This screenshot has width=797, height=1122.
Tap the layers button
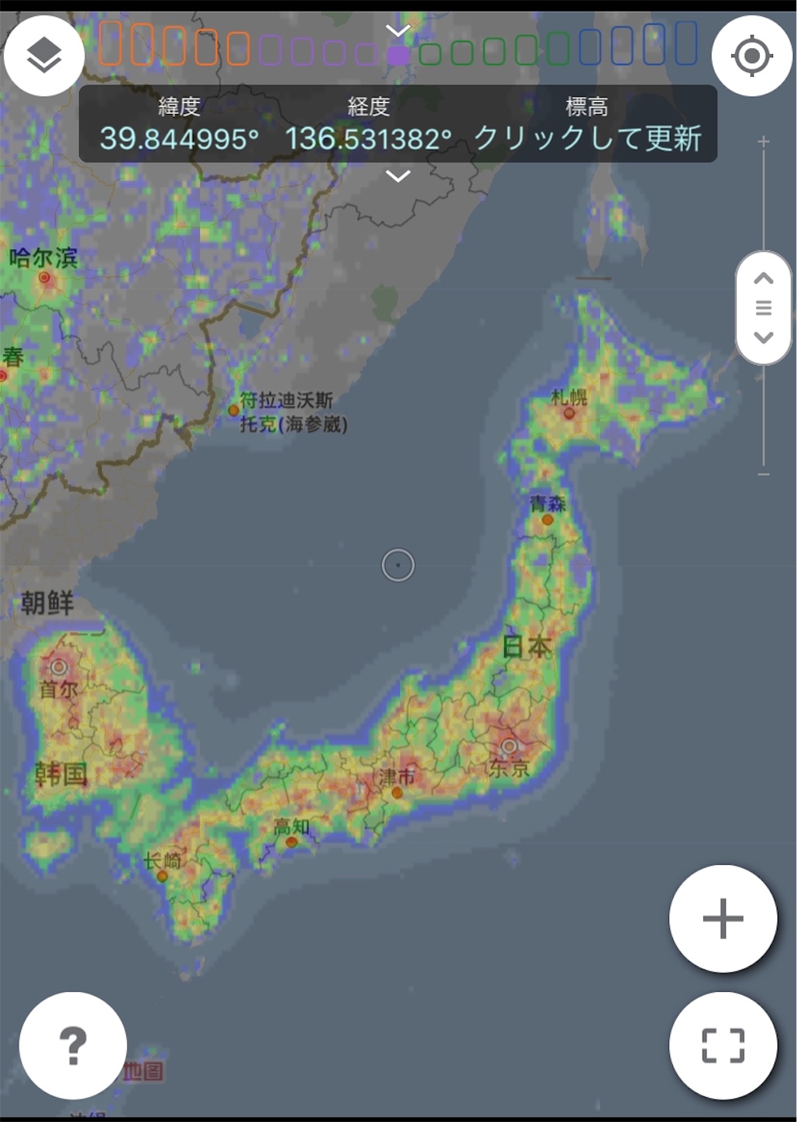click(x=44, y=56)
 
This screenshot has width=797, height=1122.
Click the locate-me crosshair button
click(x=751, y=56)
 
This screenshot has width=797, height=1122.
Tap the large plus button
click(x=723, y=919)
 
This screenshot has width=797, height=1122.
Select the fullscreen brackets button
click(x=723, y=1045)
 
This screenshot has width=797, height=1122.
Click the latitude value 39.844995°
click(x=179, y=139)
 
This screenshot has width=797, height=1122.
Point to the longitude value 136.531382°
click(x=368, y=139)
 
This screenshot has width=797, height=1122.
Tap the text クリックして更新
click(x=587, y=139)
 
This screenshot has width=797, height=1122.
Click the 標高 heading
click(x=586, y=106)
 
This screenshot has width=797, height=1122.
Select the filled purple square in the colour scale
click(x=398, y=55)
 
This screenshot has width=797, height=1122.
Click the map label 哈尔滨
click(x=43, y=257)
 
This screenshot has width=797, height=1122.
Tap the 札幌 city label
click(x=569, y=398)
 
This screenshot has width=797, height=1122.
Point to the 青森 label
click(x=548, y=504)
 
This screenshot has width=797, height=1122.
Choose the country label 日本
click(x=527, y=645)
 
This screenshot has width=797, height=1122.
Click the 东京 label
click(x=508, y=768)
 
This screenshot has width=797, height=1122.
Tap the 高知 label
click(x=291, y=827)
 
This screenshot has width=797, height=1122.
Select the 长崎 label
click(x=163, y=860)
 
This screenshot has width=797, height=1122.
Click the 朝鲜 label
click(x=47, y=602)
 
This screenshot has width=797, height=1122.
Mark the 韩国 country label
click(x=61, y=773)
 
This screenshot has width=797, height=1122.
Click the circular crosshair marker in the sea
click(x=398, y=566)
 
